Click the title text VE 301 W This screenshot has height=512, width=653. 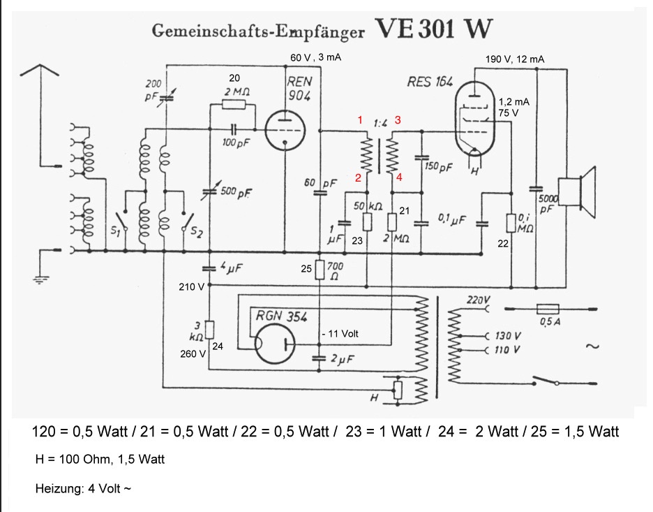pos(434,29)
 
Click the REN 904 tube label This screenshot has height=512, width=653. pos(300,88)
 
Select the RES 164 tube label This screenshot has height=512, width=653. pos(429,81)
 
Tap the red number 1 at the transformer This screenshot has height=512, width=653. pos(360,120)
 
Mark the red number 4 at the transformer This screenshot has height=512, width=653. pos(399,177)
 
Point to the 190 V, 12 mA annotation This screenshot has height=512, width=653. pos(515,59)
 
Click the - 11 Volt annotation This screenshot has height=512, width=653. pos(341,334)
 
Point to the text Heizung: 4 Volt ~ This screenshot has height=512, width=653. pos(82,488)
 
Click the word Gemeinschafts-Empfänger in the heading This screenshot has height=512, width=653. pos(258,31)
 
